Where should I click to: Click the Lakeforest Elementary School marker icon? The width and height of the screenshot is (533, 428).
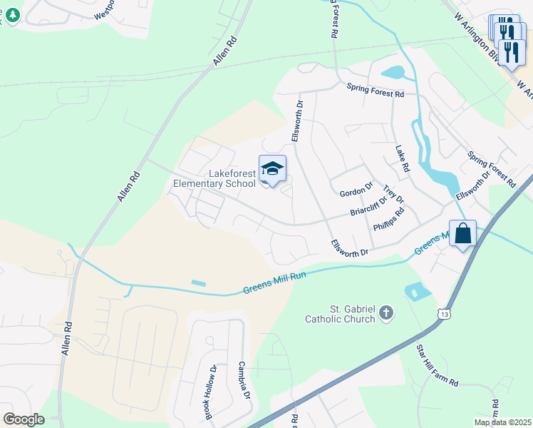(x=272, y=170)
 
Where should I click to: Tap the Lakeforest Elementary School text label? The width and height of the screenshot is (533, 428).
(x=214, y=178)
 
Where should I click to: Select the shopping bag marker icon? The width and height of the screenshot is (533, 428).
(x=462, y=233)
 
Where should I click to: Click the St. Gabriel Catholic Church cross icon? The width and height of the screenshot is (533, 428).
(x=385, y=312)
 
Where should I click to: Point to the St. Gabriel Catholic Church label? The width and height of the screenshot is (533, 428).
(x=340, y=314)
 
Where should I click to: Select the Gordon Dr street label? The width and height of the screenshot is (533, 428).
(x=356, y=191)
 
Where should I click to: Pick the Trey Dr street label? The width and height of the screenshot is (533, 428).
(x=393, y=194)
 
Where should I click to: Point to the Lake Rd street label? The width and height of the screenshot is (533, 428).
(x=403, y=158)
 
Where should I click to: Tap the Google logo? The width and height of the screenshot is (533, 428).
(x=24, y=419)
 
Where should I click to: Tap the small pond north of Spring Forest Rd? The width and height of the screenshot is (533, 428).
(x=393, y=72)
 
